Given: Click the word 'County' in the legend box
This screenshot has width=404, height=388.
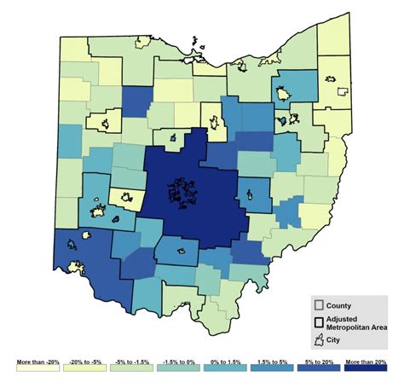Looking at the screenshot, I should point(340,305).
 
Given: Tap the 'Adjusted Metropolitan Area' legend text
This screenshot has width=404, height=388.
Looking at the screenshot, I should point(352,321).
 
